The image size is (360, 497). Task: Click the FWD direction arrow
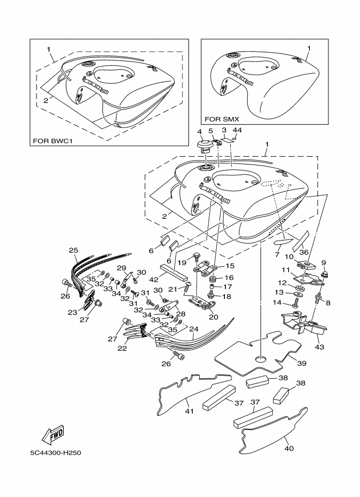click(x=53, y=434)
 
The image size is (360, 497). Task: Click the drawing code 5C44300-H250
click(x=56, y=453)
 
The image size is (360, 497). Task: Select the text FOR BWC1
click(x=53, y=141)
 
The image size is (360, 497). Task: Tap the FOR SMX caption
click(x=222, y=119)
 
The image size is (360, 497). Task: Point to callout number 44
click(x=237, y=130)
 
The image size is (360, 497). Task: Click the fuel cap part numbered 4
click(x=205, y=146)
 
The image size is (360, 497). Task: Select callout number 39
click(x=302, y=363)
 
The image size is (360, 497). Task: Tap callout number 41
click(x=190, y=411)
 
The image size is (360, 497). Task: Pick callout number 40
click(x=289, y=448)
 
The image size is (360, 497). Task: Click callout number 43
click(x=319, y=347)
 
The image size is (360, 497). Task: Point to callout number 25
click(x=74, y=250)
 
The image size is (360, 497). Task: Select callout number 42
click(x=154, y=279)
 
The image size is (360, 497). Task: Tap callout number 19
click(x=182, y=262)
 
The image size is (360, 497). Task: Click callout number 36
click(x=304, y=252)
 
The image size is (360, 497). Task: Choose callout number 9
click(x=324, y=263)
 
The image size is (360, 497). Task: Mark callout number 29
click(x=121, y=268)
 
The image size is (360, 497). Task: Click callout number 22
click(x=123, y=348)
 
